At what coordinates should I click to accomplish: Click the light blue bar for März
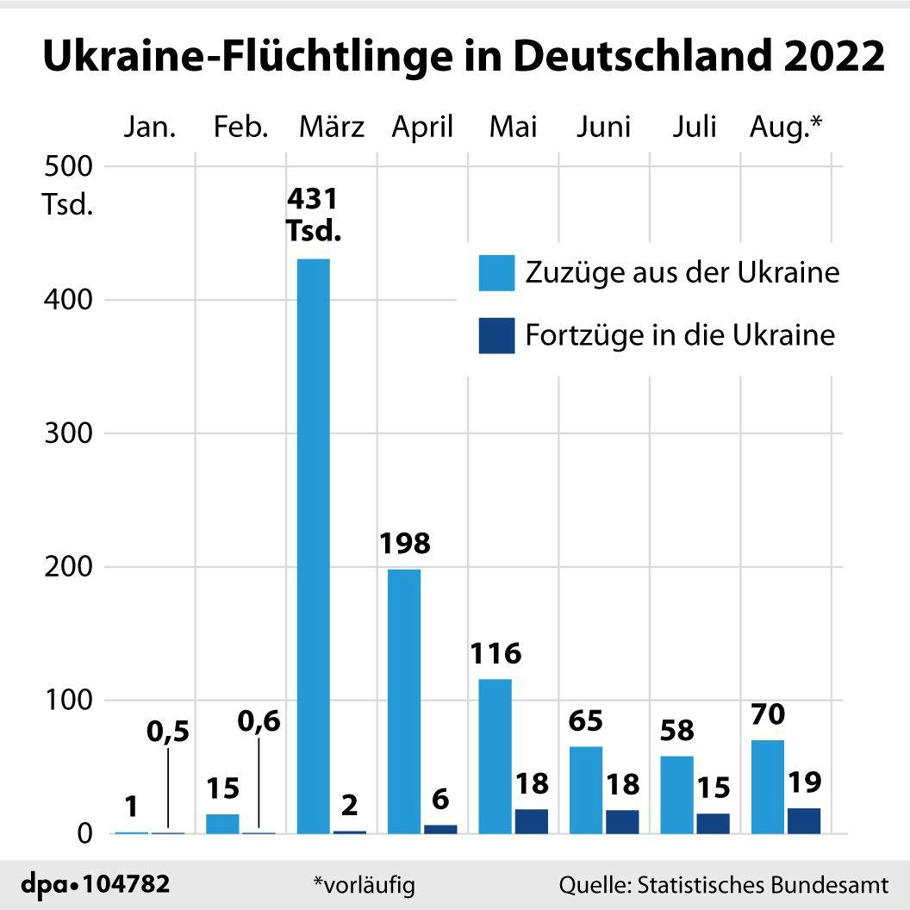click(313, 545)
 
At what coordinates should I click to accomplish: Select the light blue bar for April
click(404, 701)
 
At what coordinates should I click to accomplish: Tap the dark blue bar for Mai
click(531, 821)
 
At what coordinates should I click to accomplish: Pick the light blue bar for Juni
click(586, 789)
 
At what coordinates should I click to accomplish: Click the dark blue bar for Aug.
click(803, 820)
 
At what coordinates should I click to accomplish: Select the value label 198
click(404, 544)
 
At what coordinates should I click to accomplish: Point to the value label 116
click(496, 653)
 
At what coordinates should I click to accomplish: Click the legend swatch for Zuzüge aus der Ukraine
click(496, 272)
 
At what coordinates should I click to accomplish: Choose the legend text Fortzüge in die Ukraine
click(680, 335)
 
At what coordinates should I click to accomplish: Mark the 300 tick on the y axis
click(67, 433)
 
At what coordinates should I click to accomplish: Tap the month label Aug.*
click(786, 128)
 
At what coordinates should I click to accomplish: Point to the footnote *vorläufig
click(364, 884)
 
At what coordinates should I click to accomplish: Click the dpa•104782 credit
click(96, 884)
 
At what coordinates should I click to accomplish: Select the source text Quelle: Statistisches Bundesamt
click(723, 884)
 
